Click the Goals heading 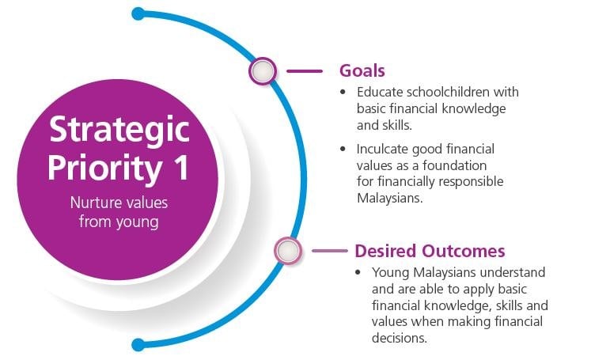pyautogui.click(x=362, y=71)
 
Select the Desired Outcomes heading pyautogui.click(x=430, y=251)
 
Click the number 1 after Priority pyautogui.click(x=181, y=168)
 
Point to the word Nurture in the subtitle pyautogui.click(x=94, y=203)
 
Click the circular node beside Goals pyautogui.click(x=263, y=71)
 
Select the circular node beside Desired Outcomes pyautogui.click(x=288, y=251)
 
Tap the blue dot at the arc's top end pyautogui.click(x=138, y=13)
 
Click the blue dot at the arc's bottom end pyautogui.click(x=138, y=345)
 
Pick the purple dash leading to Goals pyautogui.click(x=305, y=71)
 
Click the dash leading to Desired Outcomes pyautogui.click(x=329, y=251)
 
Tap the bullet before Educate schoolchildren pyautogui.click(x=343, y=93)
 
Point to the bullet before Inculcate pyautogui.click(x=343, y=149)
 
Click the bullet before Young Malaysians pyautogui.click(x=358, y=272)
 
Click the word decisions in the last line pyautogui.click(x=399, y=338)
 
